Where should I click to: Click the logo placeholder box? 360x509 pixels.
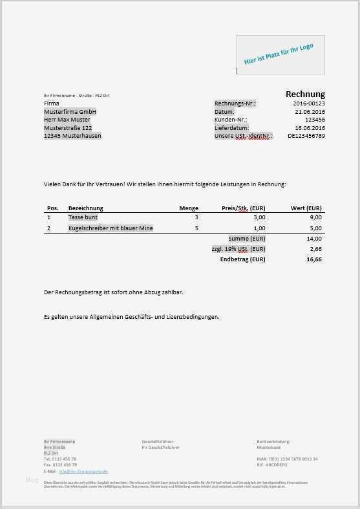click(281, 54)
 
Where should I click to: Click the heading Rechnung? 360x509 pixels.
click(305, 94)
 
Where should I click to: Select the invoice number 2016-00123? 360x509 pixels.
click(309, 103)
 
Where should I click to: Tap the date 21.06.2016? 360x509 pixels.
click(310, 112)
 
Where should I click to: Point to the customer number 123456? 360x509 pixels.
click(314, 120)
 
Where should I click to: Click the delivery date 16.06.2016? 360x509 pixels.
click(310, 128)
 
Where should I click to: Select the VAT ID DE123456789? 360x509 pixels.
click(306, 136)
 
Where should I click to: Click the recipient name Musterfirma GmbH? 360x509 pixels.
click(70, 112)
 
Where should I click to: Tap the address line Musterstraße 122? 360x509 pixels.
click(68, 128)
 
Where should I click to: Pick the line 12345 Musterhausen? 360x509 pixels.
click(72, 136)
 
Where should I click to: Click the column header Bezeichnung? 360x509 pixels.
click(86, 208)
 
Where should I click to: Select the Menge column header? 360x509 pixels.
click(189, 208)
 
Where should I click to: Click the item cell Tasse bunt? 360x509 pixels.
click(83, 218)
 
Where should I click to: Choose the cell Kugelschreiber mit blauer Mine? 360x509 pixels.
click(111, 228)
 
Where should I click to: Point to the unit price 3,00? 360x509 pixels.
click(259, 218)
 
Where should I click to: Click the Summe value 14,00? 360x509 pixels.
click(314, 239)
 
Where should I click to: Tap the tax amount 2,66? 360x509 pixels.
click(315, 249)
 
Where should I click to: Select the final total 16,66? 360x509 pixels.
click(314, 259)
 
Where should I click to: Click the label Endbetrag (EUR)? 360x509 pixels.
click(242, 259)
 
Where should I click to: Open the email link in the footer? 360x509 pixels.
click(83, 471)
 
